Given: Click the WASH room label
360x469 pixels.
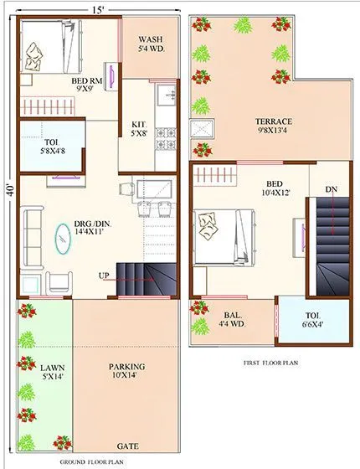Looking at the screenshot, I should tap(150, 44).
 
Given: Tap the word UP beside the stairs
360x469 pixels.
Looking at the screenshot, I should tap(104, 276).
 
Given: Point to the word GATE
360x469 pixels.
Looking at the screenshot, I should tap(128, 446).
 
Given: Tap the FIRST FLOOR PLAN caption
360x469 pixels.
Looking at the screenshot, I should tap(270, 363).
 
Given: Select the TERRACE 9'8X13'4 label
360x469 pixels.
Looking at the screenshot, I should tap(274, 126).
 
